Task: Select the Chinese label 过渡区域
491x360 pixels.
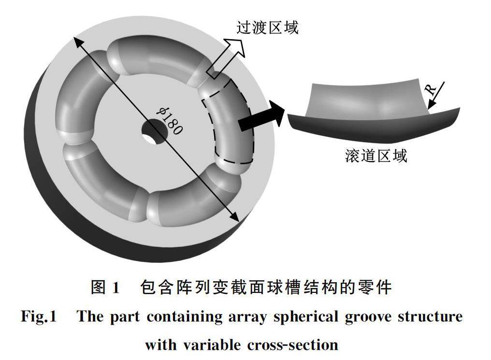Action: [267, 28]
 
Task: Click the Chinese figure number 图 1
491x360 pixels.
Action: [105, 288]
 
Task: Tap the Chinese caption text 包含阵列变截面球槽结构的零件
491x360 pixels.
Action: [265, 288]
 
